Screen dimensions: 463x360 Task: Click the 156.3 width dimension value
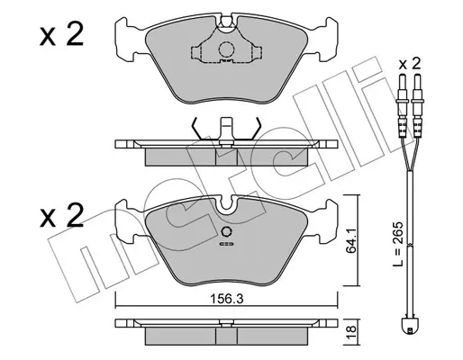[x=226, y=299]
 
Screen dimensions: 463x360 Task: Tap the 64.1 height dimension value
[x=350, y=240]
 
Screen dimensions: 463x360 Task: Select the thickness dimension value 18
[x=351, y=333]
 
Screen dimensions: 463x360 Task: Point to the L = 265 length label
[x=397, y=244]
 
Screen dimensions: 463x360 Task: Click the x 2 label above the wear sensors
[x=410, y=64]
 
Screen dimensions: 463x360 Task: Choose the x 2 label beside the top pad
[x=61, y=35]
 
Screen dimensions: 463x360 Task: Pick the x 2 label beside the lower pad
[x=61, y=215]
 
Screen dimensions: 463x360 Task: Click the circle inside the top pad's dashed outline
[x=226, y=49]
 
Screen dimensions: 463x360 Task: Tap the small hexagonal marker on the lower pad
[x=226, y=231]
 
